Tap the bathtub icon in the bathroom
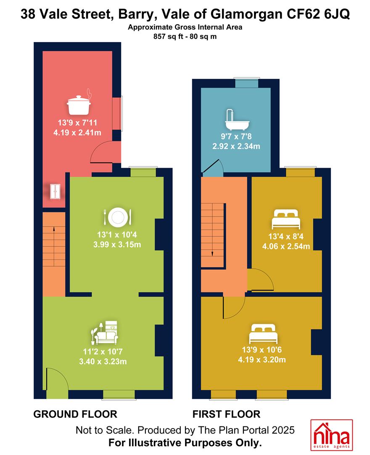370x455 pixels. click(x=237, y=120)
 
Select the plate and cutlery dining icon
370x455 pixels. click(x=118, y=217)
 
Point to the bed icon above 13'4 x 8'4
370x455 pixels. click(x=286, y=219)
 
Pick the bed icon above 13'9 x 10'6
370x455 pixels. click(x=263, y=334)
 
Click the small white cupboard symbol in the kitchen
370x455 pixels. click(x=55, y=192)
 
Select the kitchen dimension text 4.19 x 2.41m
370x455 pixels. click(x=77, y=133)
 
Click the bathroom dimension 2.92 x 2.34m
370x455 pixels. click(x=236, y=146)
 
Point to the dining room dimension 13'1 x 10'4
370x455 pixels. click(x=117, y=235)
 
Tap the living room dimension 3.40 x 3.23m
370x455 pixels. click(x=103, y=361)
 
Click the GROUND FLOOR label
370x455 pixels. click(x=75, y=414)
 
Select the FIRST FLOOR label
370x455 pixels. click(x=226, y=414)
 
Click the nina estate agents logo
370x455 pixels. click(x=331, y=435)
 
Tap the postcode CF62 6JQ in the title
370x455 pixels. click(x=318, y=14)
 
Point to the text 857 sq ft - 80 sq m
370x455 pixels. click(x=185, y=37)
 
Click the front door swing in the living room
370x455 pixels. click(x=57, y=379)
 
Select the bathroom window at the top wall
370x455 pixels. click(x=246, y=83)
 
